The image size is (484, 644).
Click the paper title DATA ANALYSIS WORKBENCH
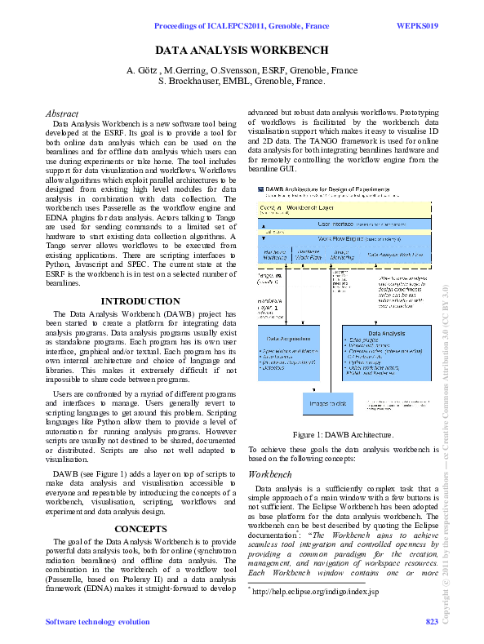(242, 51)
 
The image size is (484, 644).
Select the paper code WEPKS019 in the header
(417, 26)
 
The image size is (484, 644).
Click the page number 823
(432, 623)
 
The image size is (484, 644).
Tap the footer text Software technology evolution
(97, 623)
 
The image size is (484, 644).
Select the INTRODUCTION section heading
(140, 301)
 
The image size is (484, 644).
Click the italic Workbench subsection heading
(269, 473)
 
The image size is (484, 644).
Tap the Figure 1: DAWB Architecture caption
(343, 435)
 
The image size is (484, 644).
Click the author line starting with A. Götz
(242, 69)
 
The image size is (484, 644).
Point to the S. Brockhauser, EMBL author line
(242, 82)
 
